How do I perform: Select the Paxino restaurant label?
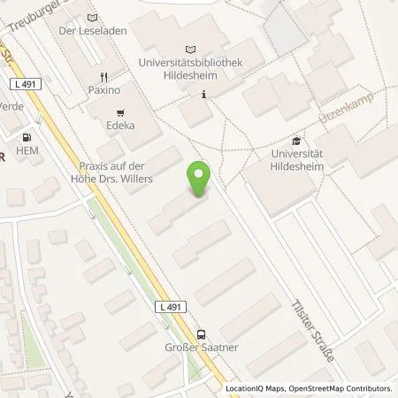coord(103,90)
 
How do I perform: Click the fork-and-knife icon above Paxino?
coord(103,76)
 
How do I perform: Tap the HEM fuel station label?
coord(28,151)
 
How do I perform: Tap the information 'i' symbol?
coord(204,95)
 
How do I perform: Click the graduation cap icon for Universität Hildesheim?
coord(296,141)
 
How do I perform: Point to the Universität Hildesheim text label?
coord(295,161)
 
